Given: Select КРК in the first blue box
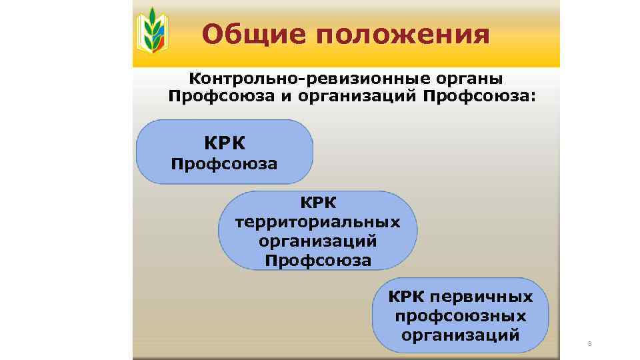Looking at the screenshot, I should (225, 142).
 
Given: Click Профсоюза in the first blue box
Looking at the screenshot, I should (225, 163).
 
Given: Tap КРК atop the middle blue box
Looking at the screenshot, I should (318, 202).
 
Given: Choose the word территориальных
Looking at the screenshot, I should (318, 221).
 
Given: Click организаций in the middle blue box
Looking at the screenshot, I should (318, 241).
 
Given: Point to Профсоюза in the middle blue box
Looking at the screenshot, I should (318, 260).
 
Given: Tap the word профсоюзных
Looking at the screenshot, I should (461, 315).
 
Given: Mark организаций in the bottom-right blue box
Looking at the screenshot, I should (461, 335).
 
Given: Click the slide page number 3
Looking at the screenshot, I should (589, 344).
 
